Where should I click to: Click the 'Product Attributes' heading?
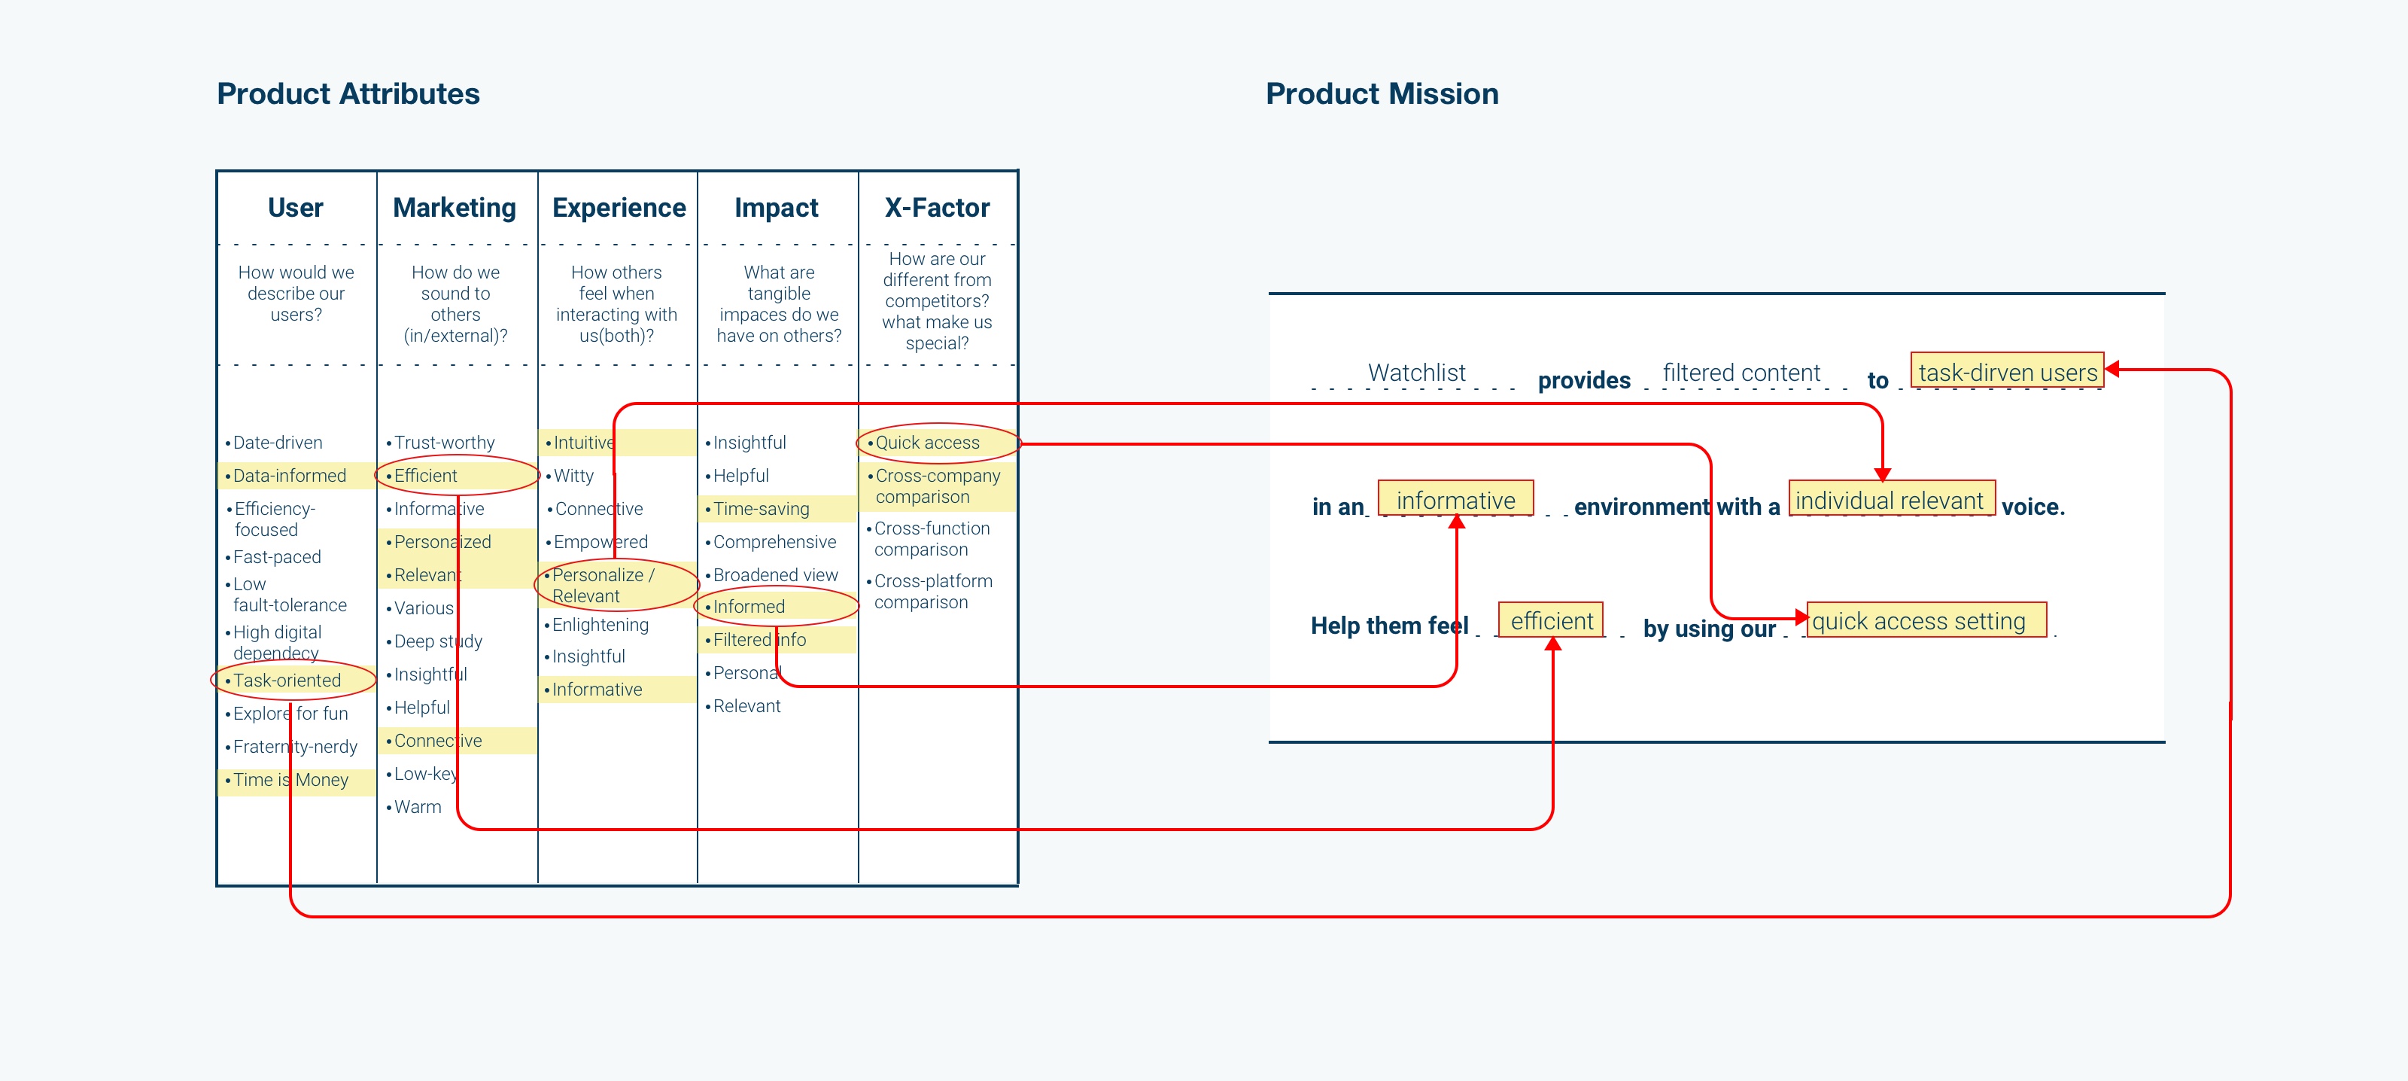click(348, 93)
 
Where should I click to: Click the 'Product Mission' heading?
click(1382, 93)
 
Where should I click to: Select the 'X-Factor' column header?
click(937, 208)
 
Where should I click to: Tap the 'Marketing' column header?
click(455, 208)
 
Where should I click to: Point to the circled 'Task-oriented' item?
click(287, 681)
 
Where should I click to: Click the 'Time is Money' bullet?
click(290, 780)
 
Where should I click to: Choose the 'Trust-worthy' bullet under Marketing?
click(444, 443)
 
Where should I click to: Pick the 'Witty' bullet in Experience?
click(573, 476)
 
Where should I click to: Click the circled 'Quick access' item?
click(927, 443)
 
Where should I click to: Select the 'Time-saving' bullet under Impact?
click(761, 509)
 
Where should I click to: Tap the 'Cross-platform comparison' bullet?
click(932, 592)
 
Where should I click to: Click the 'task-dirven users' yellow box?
click(2006, 372)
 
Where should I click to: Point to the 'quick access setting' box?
click(1919, 621)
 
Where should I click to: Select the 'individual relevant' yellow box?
click(1890, 501)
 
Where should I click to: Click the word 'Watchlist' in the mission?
click(1416, 372)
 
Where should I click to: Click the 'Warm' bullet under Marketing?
click(417, 807)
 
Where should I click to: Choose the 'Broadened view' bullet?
click(775, 575)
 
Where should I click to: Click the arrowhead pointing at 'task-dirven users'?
click(2112, 370)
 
